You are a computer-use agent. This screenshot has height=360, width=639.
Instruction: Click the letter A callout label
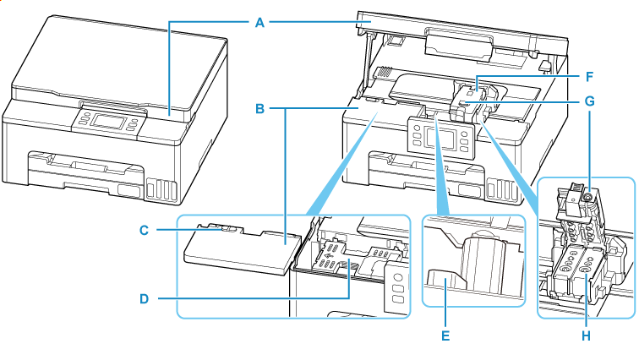pos(260,22)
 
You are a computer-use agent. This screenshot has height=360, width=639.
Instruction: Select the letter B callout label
pos(260,109)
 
